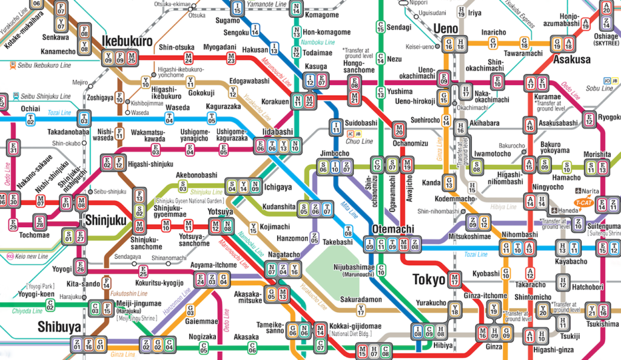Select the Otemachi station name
click(393, 229)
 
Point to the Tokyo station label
click(429, 279)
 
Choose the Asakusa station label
click(571, 59)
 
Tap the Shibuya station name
click(59, 326)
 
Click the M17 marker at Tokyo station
click(455, 280)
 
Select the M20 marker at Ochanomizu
click(398, 129)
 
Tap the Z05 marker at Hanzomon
click(314, 238)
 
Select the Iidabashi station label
click(278, 132)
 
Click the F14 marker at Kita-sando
click(107, 283)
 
